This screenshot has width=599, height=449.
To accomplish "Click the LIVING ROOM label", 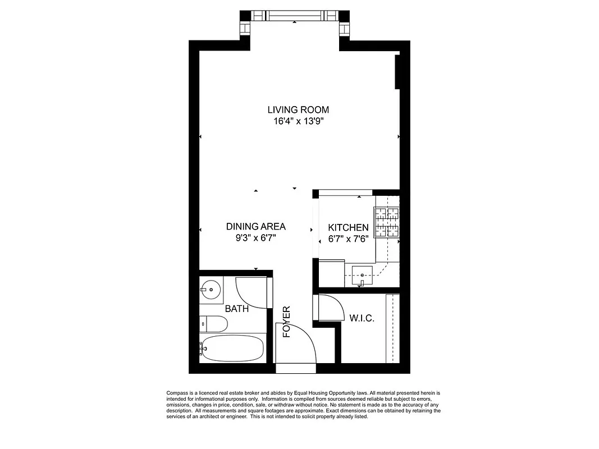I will (298, 109).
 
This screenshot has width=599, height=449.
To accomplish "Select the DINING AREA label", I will (255, 227).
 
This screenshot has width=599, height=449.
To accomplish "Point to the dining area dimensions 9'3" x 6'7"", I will (255, 237).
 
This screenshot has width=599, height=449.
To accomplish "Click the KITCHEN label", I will (348, 227).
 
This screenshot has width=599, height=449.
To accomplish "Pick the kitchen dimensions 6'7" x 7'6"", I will (348, 238).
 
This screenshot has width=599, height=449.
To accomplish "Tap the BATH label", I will (237, 309).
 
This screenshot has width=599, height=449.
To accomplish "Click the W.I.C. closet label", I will (362, 318).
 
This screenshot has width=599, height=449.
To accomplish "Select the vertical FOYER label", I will (286, 322).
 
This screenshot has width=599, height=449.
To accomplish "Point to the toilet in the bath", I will (214, 324).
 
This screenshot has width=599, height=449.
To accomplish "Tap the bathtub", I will (232, 349).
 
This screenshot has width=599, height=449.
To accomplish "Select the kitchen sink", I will (362, 274).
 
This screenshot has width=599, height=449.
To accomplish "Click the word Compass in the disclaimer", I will (179, 393).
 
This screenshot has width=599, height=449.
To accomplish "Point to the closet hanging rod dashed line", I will (392, 328).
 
